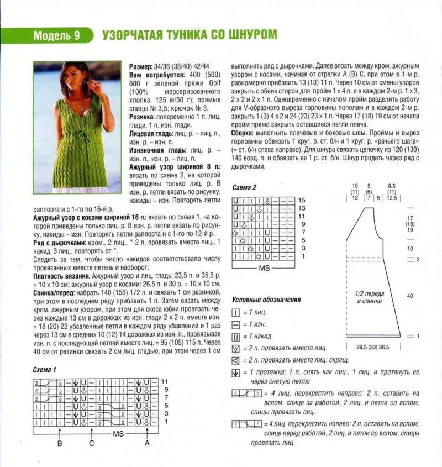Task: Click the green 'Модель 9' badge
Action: click(56, 36)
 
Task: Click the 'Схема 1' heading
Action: click(44, 369)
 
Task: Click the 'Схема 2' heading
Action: click(244, 187)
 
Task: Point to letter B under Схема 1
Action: click(59, 443)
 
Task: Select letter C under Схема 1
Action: click(91, 443)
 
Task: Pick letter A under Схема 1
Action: click(146, 443)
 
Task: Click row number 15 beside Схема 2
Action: click(301, 200)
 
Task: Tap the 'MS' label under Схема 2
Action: click(263, 267)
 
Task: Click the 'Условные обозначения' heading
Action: click(266, 299)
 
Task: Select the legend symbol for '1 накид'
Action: click(236, 336)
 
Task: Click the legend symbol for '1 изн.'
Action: click(236, 324)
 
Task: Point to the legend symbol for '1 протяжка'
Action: click(236, 372)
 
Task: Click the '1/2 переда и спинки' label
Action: click(370, 298)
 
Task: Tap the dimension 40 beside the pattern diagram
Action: click(410, 296)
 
